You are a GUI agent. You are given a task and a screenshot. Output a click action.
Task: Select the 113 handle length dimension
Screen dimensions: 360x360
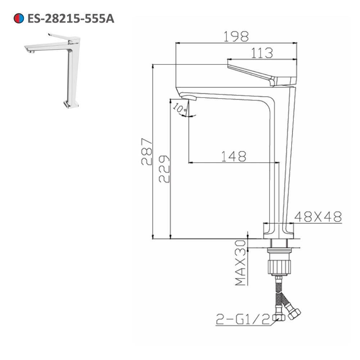tap(262, 53)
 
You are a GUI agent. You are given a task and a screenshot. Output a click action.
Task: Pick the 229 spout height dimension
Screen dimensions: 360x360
tap(164, 169)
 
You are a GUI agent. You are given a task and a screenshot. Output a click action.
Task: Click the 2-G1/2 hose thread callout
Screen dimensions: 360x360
tap(243, 319)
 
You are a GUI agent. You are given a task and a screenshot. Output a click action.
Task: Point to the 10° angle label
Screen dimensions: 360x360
tap(179, 107)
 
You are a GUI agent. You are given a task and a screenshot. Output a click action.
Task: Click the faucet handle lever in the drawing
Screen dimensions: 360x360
tap(252, 72)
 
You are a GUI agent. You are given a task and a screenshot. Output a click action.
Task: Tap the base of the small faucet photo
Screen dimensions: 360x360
tap(71, 104)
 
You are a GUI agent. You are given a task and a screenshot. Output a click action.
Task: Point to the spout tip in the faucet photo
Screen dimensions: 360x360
tap(30, 50)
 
